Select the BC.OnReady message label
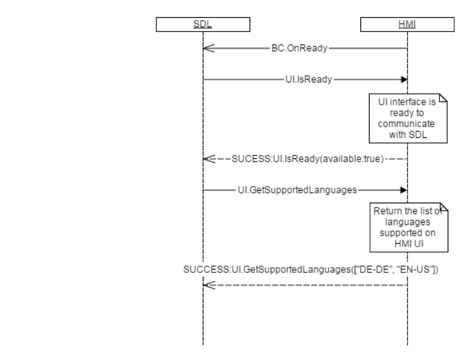(298, 49)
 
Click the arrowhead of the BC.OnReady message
(209, 49)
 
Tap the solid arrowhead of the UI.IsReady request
(404, 79)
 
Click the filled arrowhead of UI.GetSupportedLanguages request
(404, 190)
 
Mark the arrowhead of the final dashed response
(209, 285)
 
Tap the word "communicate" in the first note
(406, 123)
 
